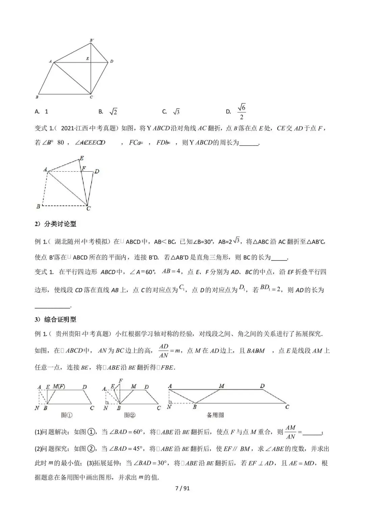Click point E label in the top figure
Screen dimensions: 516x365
(x=88, y=58)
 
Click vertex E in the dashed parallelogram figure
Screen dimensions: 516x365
(x=81, y=158)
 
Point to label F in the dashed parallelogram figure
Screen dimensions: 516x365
(x=84, y=168)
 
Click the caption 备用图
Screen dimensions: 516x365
(x=215, y=415)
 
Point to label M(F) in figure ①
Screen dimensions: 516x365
(x=59, y=387)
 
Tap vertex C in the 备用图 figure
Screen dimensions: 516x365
(x=287, y=407)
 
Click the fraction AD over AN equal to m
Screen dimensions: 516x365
(x=169, y=351)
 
